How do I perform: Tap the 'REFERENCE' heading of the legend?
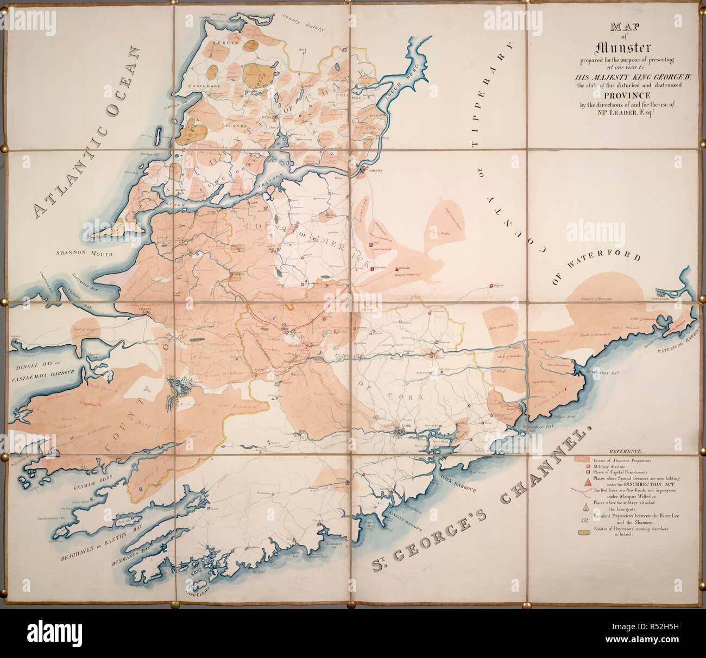tap(626, 451)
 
